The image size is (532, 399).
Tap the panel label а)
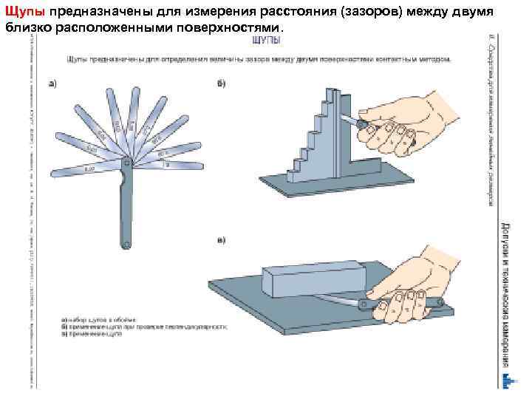53,83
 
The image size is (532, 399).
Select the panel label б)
222,83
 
